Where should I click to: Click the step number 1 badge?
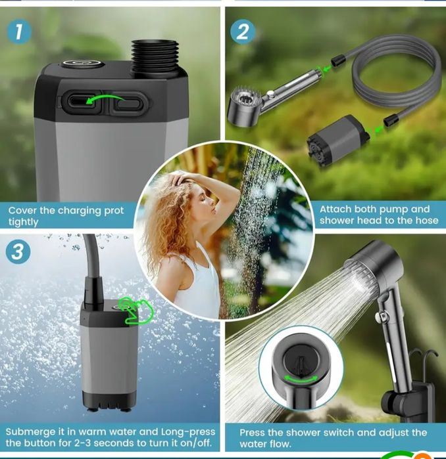(x=19, y=32)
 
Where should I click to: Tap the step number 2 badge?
(x=243, y=32)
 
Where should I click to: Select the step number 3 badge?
(x=18, y=251)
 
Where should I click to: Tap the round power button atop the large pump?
(x=83, y=64)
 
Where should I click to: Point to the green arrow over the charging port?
(x=105, y=98)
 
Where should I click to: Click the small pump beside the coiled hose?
(x=338, y=141)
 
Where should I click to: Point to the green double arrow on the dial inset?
(x=301, y=378)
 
